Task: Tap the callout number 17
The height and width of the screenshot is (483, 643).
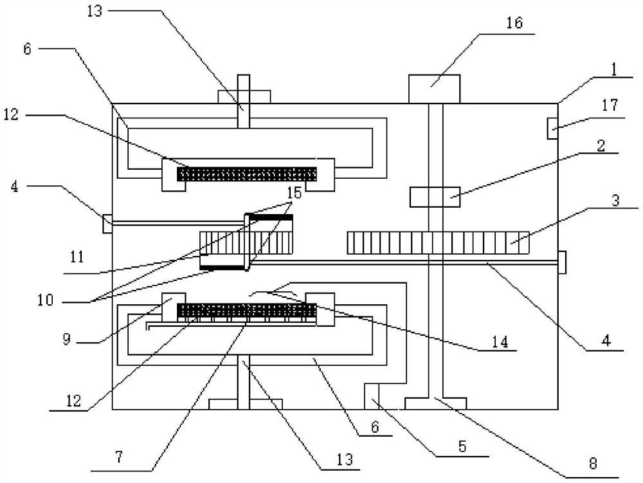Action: click(x=610, y=105)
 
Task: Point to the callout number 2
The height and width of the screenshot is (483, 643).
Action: click(x=601, y=145)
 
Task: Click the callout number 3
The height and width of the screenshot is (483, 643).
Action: click(x=615, y=201)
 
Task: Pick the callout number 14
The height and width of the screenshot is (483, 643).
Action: click(x=500, y=342)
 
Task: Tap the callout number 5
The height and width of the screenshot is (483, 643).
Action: click(x=462, y=446)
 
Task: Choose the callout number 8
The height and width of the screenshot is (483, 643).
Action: click(x=593, y=463)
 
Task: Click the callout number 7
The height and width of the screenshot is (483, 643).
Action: click(x=119, y=457)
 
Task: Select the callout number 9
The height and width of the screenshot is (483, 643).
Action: click(x=67, y=339)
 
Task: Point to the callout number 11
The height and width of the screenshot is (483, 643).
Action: click(x=77, y=257)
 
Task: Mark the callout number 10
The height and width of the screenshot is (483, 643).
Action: click(x=46, y=300)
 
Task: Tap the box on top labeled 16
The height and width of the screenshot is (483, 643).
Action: click(x=434, y=89)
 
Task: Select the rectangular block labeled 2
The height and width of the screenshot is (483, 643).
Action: click(x=435, y=197)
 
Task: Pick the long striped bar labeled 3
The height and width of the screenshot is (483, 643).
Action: click(x=438, y=242)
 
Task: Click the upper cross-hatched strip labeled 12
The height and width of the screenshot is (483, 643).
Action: click(x=247, y=174)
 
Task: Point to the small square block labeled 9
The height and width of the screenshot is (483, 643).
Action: click(x=174, y=307)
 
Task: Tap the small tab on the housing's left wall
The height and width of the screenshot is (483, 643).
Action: click(x=107, y=223)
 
